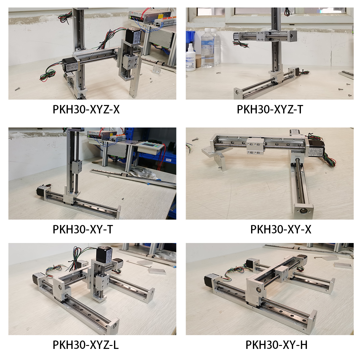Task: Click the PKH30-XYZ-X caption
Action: coord(86,109)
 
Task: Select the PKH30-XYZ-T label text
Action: coord(270,109)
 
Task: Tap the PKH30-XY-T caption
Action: coord(83,229)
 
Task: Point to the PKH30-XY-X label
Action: coord(281,229)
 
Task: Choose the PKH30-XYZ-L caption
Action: coord(86,345)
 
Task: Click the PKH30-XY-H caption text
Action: coord(277,345)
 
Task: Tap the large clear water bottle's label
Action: coord(207,49)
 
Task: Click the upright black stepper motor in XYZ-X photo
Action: coord(133,36)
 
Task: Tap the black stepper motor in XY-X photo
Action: coord(316,148)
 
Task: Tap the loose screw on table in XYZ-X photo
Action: coord(17,89)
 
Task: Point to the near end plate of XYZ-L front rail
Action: coord(113,326)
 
